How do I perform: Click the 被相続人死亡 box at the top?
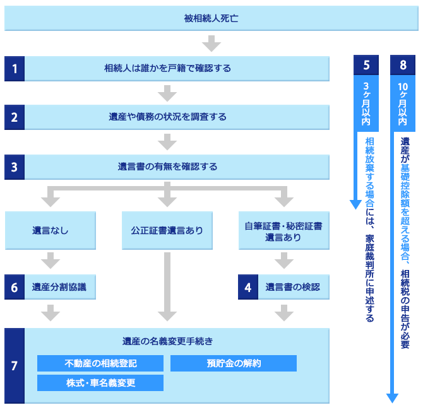point(211,18)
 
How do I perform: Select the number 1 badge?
point(14,68)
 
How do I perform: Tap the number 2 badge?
point(14,117)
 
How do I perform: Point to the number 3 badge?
point(14,167)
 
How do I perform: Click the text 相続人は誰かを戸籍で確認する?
point(167,68)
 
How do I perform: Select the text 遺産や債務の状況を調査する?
point(167,117)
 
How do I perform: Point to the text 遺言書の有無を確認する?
point(167,167)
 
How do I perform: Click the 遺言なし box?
point(51,231)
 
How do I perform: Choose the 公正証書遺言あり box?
point(167,231)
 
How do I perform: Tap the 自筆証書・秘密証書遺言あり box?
point(284,231)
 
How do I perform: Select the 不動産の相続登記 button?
point(100,363)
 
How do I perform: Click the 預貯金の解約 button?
point(234,363)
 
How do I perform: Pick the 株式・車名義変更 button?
point(100,383)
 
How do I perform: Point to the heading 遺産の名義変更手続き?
point(167,341)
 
